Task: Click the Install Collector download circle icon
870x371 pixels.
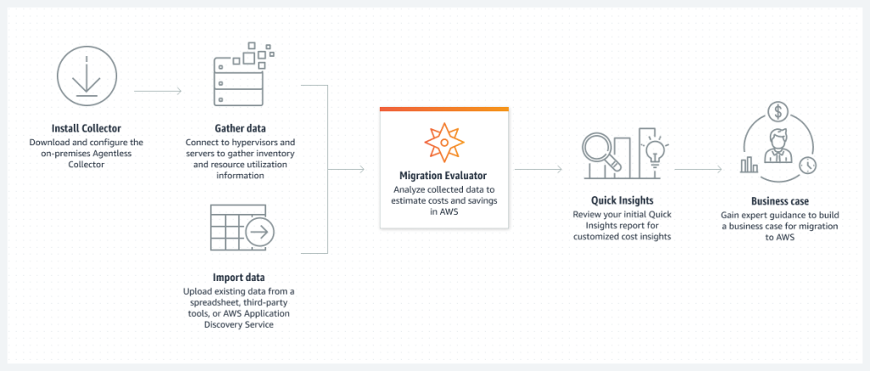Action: [x=85, y=81]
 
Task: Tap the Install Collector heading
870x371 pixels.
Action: [x=86, y=129]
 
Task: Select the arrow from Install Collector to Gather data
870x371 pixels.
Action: [x=158, y=89]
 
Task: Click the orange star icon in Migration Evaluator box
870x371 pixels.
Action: [x=443, y=140]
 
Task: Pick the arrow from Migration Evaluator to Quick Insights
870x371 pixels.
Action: [x=540, y=169]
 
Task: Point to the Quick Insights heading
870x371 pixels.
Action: [x=621, y=200]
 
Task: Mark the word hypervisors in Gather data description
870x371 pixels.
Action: [x=266, y=142]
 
